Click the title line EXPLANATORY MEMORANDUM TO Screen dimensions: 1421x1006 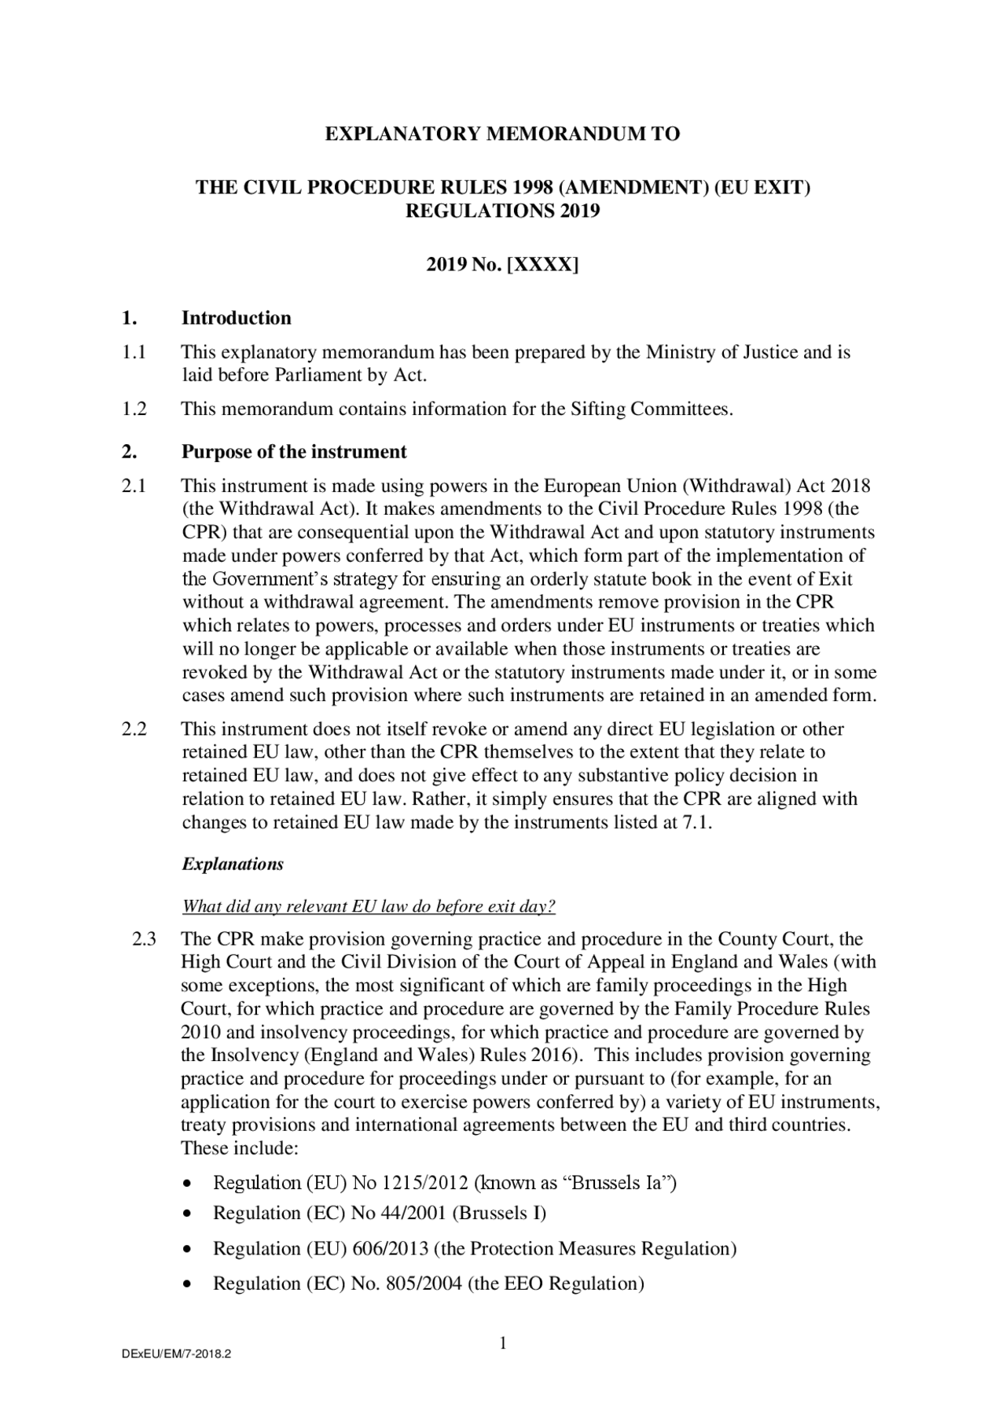tap(502, 134)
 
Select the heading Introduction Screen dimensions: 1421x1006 tap(236, 318)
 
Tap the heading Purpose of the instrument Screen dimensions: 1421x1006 tap(294, 452)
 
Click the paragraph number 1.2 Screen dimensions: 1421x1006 tap(134, 409)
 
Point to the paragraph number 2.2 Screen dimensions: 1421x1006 tap(134, 729)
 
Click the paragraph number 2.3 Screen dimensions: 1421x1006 tap(145, 939)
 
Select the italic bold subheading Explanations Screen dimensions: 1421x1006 tap(233, 865)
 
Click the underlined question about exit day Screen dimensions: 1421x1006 tap(369, 906)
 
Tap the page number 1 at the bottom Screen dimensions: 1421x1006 tap(503, 1344)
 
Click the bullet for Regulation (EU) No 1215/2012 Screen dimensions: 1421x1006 tap(186, 1184)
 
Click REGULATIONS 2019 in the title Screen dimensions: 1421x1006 tap(502, 211)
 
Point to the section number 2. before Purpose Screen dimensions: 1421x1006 tap(129, 452)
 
